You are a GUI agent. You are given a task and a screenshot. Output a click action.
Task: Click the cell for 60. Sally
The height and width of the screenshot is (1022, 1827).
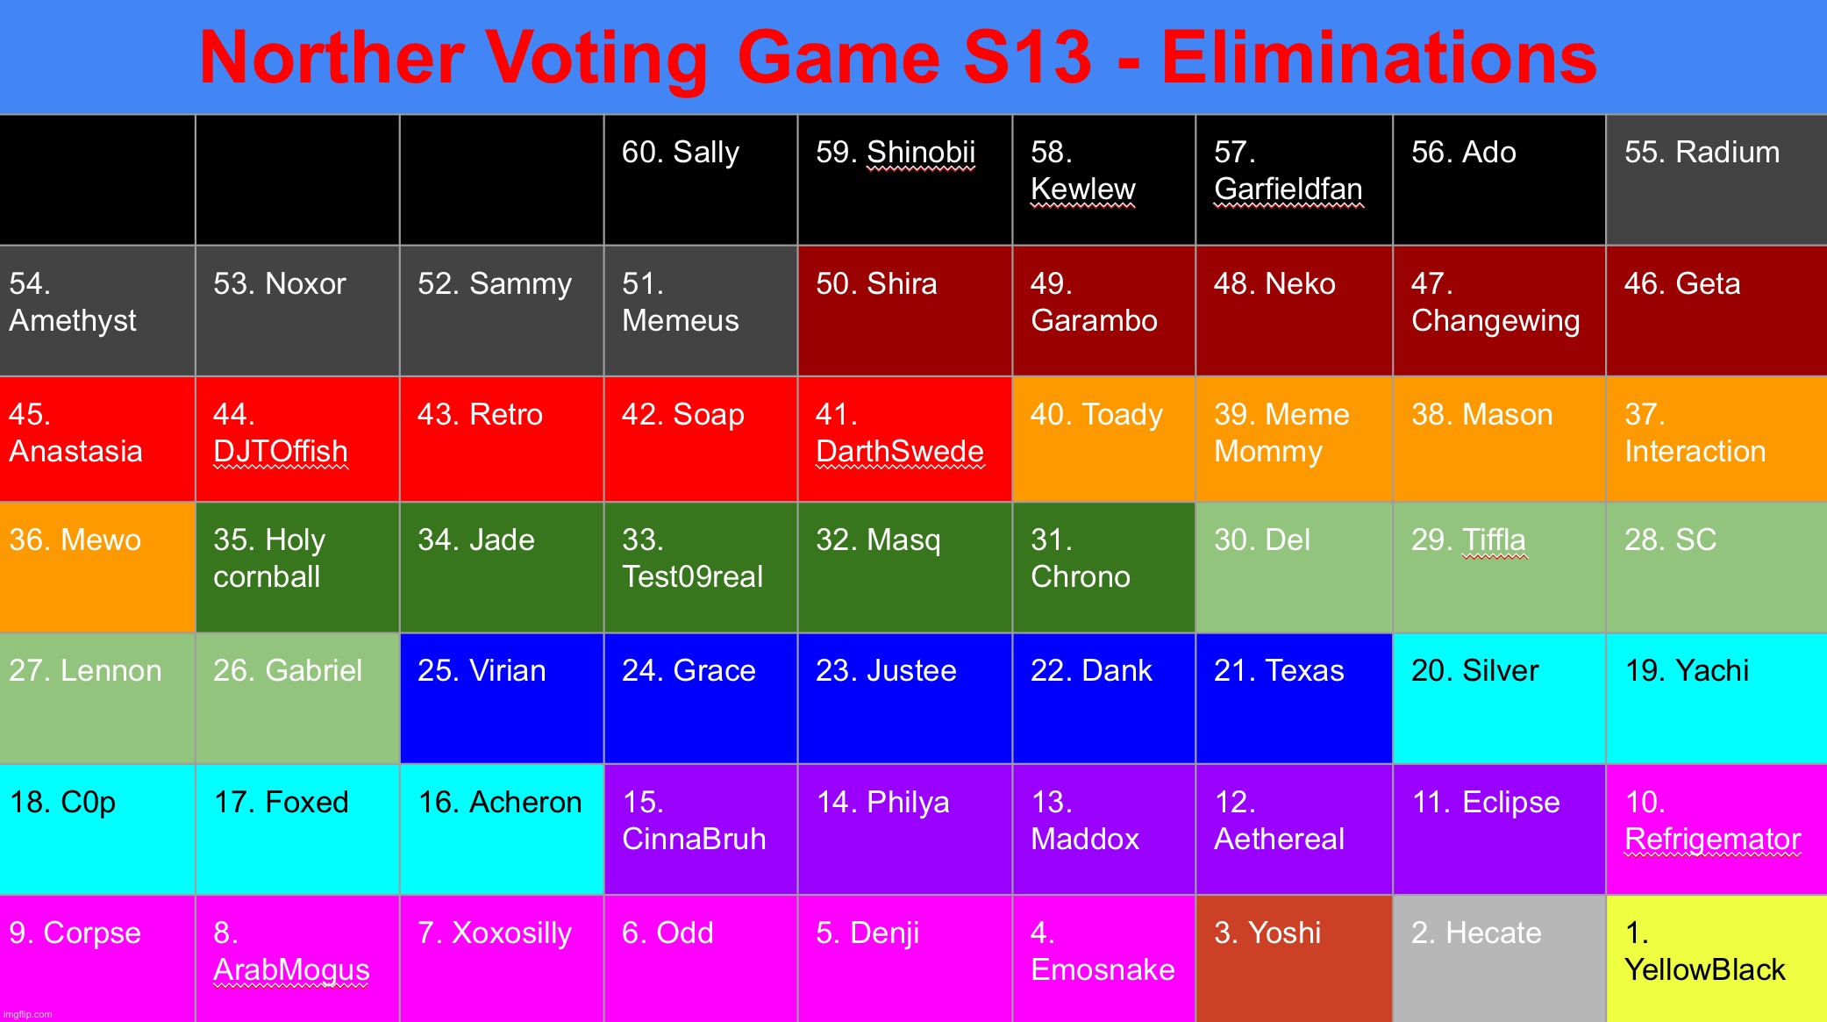point(700,180)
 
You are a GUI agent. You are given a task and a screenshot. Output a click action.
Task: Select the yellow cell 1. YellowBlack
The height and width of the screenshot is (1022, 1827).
point(1716,958)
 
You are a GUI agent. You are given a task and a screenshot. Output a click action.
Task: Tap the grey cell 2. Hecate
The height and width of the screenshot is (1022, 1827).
point(1498,958)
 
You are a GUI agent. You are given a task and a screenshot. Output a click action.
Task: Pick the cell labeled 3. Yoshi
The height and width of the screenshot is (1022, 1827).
point(1293,958)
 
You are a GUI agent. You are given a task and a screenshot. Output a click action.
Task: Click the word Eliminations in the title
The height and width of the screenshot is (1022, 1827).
point(1379,58)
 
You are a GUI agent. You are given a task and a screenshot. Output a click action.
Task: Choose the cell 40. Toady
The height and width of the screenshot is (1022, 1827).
point(1103,439)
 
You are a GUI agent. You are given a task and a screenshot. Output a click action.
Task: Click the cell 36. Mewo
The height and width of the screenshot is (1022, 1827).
point(96,567)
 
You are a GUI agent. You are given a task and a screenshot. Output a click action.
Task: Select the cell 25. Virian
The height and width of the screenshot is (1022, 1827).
point(501,697)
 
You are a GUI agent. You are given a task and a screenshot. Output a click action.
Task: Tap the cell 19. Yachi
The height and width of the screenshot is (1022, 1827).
point(1716,697)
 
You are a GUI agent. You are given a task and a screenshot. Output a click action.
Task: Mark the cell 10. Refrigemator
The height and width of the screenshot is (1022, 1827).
point(1716,829)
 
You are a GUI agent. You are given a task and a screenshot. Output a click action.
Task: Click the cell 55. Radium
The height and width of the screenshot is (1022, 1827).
point(1716,180)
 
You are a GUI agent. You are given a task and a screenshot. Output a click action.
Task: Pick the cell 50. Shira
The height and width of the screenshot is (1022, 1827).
point(904,311)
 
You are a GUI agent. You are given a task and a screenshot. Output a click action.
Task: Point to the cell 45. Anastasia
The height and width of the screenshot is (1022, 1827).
point(96,439)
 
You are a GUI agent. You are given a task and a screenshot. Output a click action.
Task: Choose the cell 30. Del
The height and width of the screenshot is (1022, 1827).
point(1293,567)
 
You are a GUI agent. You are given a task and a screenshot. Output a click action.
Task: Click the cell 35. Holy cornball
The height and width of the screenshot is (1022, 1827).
point(296,567)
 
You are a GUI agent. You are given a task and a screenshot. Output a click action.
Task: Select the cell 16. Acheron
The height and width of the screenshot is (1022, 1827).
point(501,829)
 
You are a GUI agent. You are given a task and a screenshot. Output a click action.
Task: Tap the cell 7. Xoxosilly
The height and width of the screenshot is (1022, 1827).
point(501,958)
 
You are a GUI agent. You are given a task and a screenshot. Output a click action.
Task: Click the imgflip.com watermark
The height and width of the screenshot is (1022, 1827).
point(28,1015)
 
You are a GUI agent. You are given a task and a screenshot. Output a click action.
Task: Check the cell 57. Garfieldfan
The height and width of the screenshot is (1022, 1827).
point(1293,180)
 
